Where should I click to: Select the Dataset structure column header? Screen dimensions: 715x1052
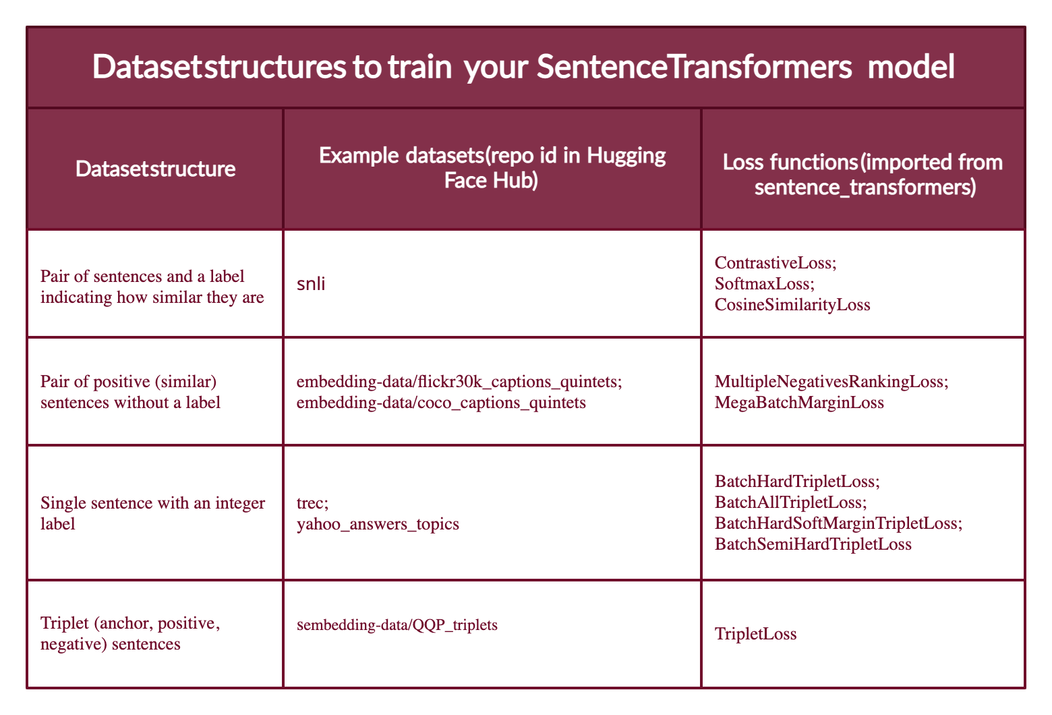(155, 169)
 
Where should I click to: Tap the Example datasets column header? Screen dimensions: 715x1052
(492, 169)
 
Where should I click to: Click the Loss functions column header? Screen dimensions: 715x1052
(863, 175)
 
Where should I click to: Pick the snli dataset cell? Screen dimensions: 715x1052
(311, 283)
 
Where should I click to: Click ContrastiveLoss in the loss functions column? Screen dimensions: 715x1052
(775, 263)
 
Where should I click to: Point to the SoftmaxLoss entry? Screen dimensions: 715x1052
(765, 284)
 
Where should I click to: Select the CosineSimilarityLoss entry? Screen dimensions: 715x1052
(792, 305)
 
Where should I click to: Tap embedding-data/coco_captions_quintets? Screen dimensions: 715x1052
(441, 403)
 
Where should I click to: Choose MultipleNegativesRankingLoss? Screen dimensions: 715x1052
(831, 382)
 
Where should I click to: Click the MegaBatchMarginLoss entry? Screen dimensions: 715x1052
(799, 403)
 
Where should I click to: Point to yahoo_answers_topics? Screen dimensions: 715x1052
(378, 523)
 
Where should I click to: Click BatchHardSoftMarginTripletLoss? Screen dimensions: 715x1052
(838, 523)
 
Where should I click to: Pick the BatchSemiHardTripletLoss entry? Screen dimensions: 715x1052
(813, 544)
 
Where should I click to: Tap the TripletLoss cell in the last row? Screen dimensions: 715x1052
(755, 634)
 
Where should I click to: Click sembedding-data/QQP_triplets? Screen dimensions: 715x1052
(397, 625)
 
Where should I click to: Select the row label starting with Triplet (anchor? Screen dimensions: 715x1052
(130, 633)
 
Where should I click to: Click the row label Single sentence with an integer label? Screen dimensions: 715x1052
(152, 513)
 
